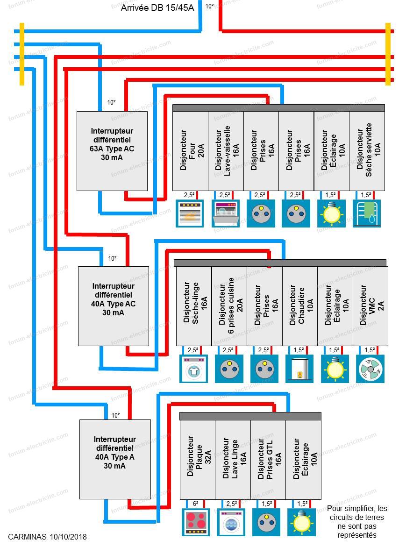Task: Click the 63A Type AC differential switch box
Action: pyautogui.click(x=112, y=151)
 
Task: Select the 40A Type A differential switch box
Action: pyautogui.click(x=115, y=459)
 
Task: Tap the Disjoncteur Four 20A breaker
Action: pyautogui.click(x=191, y=151)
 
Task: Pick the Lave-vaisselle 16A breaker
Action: pyautogui.click(x=226, y=151)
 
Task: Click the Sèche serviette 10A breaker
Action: pyautogui.click(x=367, y=151)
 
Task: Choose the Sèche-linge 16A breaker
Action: pyautogui.click(x=194, y=306)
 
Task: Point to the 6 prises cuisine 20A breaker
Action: pyautogui.click(x=229, y=306)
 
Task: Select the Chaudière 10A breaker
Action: pyautogui.click(x=300, y=306)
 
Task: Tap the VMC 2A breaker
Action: pyautogui.click(x=370, y=306)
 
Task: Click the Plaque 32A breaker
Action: pyautogui.click(x=198, y=460)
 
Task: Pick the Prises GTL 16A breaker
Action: pyautogui.click(x=268, y=460)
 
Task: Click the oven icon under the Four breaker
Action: pyautogui.click(x=189, y=213)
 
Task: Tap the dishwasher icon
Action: pyautogui.click(x=226, y=213)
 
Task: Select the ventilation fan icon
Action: pyautogui.click(x=370, y=369)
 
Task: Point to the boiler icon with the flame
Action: pyautogui.click(x=299, y=369)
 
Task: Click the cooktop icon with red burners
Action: pyautogui.click(x=196, y=522)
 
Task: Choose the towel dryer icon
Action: pyautogui.click(x=367, y=213)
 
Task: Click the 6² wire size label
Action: pyautogui.click(x=195, y=504)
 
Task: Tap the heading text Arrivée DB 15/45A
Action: pyautogui.click(x=157, y=7)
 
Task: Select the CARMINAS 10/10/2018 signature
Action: pyautogui.click(x=48, y=537)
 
